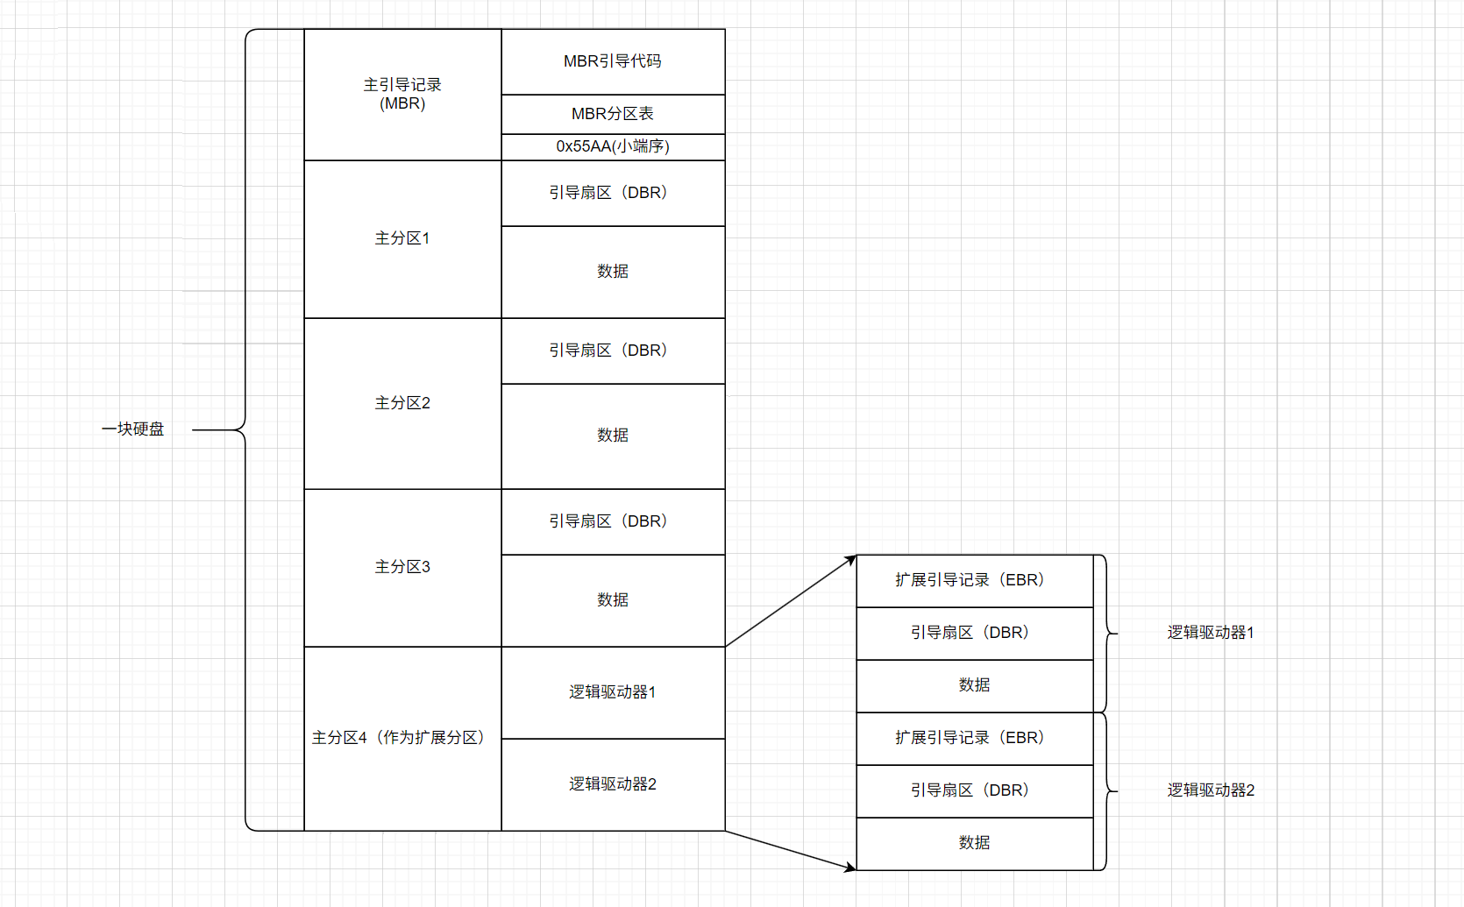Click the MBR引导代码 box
(613, 61)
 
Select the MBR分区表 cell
(613, 114)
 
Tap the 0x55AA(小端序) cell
(613, 146)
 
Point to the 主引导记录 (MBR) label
(402, 94)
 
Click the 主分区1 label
(402, 238)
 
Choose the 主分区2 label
(402, 403)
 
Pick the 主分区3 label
(402, 567)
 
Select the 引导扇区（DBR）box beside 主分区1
(613, 193)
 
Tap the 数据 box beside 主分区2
(613, 436)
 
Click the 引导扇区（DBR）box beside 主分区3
(613, 521)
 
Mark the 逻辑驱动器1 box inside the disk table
(613, 692)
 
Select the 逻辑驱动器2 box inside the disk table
(613, 784)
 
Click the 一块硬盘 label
(133, 429)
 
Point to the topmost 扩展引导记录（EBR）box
(973, 580)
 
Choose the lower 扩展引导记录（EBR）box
(973, 738)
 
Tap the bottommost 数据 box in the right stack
(974, 843)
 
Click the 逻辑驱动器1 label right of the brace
(1211, 633)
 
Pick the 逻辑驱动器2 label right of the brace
(1211, 790)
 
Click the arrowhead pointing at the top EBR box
(850, 559)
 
